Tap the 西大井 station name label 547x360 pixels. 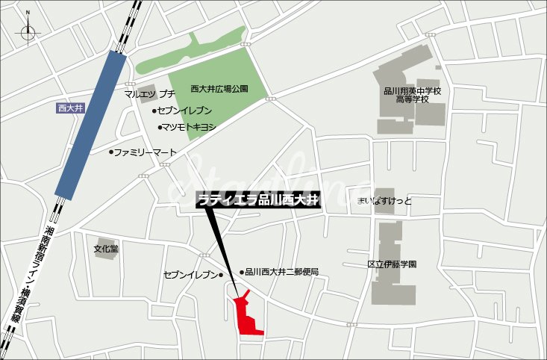(72, 108)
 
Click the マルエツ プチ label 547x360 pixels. (150, 93)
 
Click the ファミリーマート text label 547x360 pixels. (146, 152)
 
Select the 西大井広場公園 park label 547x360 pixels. (219, 88)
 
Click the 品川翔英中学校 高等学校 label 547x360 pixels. (413, 95)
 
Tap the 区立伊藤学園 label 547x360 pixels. (392, 264)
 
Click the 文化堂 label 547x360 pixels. (106, 249)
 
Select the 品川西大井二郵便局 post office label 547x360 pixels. (282, 272)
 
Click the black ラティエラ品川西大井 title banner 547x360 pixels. (258, 199)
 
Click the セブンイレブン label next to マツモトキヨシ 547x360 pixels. (184, 111)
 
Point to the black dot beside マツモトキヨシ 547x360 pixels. (160, 127)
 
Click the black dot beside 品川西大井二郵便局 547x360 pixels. (241, 272)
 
